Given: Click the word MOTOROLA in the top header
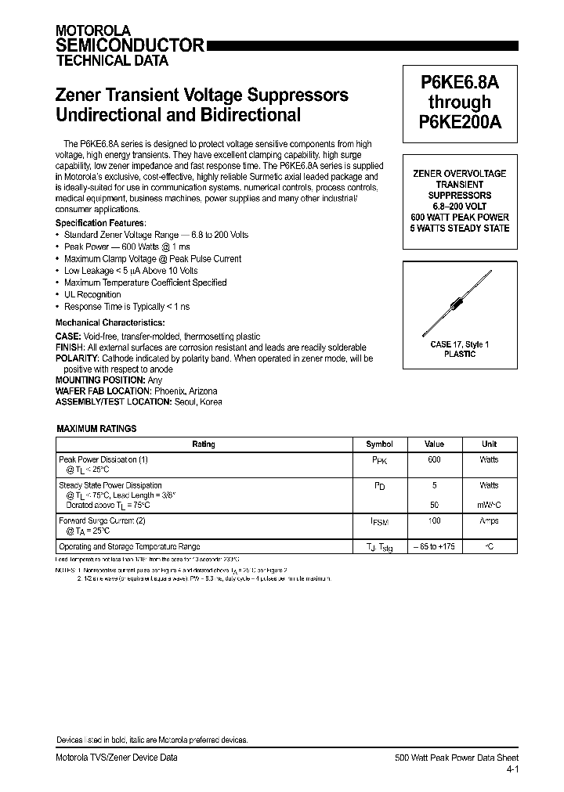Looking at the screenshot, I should point(87,30).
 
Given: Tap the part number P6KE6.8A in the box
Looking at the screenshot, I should point(459,81).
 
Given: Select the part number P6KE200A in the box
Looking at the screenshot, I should point(459,122).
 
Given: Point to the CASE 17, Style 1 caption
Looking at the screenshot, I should point(460,344).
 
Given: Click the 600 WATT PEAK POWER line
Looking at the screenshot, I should point(460,217).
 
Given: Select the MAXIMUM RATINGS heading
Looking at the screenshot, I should point(97,429).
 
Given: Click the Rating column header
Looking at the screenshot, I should point(204,444).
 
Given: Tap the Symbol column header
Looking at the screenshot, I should point(380,444).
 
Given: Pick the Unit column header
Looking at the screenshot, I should point(489,444).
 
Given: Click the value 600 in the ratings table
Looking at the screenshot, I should point(434,460).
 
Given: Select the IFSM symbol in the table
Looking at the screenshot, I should point(380,521).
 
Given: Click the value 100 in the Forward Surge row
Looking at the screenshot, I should point(434,520).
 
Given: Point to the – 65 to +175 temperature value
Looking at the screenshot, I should point(434,547).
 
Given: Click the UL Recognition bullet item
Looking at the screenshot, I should point(92,295).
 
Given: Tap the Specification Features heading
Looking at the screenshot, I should point(99,223).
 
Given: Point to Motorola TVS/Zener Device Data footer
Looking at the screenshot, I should point(116,758).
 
